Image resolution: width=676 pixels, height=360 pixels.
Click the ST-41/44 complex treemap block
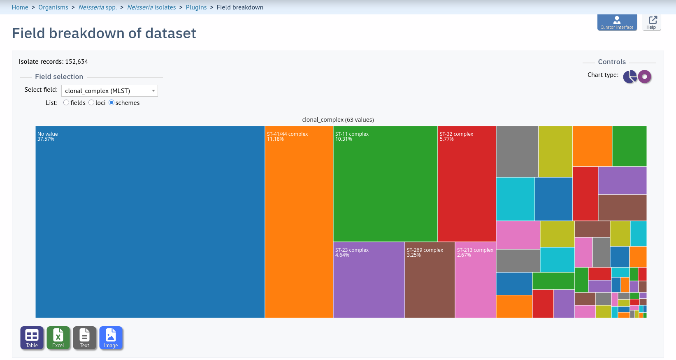tap(299, 222)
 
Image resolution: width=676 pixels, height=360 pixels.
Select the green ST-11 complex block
tap(386, 184)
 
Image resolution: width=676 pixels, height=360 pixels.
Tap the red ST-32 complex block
tap(467, 184)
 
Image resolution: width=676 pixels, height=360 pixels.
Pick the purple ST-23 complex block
tap(369, 280)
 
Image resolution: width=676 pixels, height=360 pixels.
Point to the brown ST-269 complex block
tap(430, 280)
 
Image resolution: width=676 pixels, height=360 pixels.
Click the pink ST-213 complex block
tap(475, 280)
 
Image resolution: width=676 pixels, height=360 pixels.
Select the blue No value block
tap(150, 222)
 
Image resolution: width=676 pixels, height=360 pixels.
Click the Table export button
tap(32, 338)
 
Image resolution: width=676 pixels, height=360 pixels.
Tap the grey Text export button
tap(84, 338)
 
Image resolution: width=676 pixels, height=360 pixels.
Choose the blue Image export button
tap(111, 338)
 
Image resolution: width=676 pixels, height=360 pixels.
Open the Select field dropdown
tap(109, 91)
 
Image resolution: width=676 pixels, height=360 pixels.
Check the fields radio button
tap(66, 102)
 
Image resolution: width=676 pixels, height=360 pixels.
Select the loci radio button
tap(91, 102)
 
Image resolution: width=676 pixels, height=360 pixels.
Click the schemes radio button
tap(112, 102)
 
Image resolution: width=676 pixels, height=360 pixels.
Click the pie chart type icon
tap(630, 77)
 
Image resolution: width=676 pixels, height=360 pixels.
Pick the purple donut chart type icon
tap(645, 77)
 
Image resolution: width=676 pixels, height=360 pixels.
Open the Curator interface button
tap(617, 22)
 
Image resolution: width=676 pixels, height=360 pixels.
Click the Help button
tap(651, 22)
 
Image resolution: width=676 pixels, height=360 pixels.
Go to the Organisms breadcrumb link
tap(53, 7)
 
